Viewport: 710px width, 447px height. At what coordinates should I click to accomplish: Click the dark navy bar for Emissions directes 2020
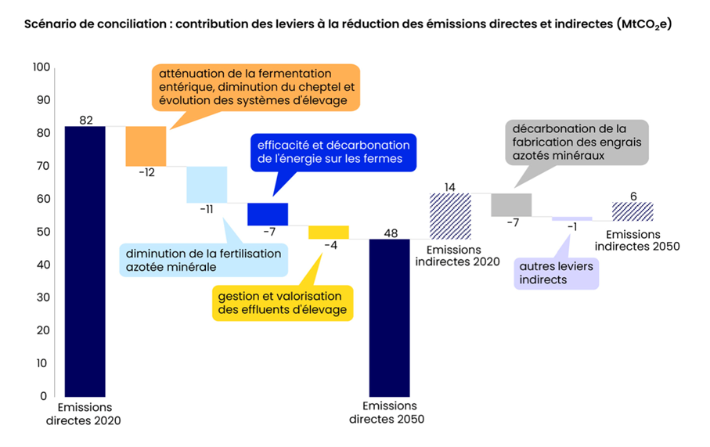point(85,261)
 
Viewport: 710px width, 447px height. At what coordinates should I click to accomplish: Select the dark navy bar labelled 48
point(389,318)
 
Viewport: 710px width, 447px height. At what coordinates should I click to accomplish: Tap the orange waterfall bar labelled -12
point(146,146)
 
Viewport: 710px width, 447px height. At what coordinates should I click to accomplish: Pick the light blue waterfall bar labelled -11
point(207,185)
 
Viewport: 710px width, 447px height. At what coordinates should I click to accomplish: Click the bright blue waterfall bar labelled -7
point(268,214)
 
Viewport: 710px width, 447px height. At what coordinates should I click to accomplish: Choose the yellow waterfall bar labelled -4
point(329,233)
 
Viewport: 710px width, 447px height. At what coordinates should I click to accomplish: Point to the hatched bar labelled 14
point(451,216)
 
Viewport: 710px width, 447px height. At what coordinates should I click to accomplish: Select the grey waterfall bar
point(511,204)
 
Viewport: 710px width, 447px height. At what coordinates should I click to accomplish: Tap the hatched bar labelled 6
point(633,211)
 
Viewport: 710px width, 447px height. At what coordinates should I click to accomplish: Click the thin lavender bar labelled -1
point(572,218)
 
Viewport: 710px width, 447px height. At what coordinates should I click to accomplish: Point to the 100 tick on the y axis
point(41,67)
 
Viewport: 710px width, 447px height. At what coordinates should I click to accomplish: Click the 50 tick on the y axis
point(44,232)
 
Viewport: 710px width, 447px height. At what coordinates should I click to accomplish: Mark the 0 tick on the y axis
point(44,396)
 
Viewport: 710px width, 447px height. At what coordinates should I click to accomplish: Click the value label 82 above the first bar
point(86,120)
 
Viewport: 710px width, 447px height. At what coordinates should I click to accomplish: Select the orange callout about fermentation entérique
point(256,88)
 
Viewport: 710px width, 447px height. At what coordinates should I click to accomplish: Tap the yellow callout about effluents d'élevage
point(283,303)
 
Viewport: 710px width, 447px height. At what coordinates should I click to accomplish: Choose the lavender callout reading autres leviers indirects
point(557,273)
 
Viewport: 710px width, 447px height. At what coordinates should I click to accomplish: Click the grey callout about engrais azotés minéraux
point(577,142)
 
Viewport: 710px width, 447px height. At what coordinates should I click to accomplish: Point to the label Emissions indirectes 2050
point(637,240)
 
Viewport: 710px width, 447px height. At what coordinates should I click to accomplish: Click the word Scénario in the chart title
point(50,24)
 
